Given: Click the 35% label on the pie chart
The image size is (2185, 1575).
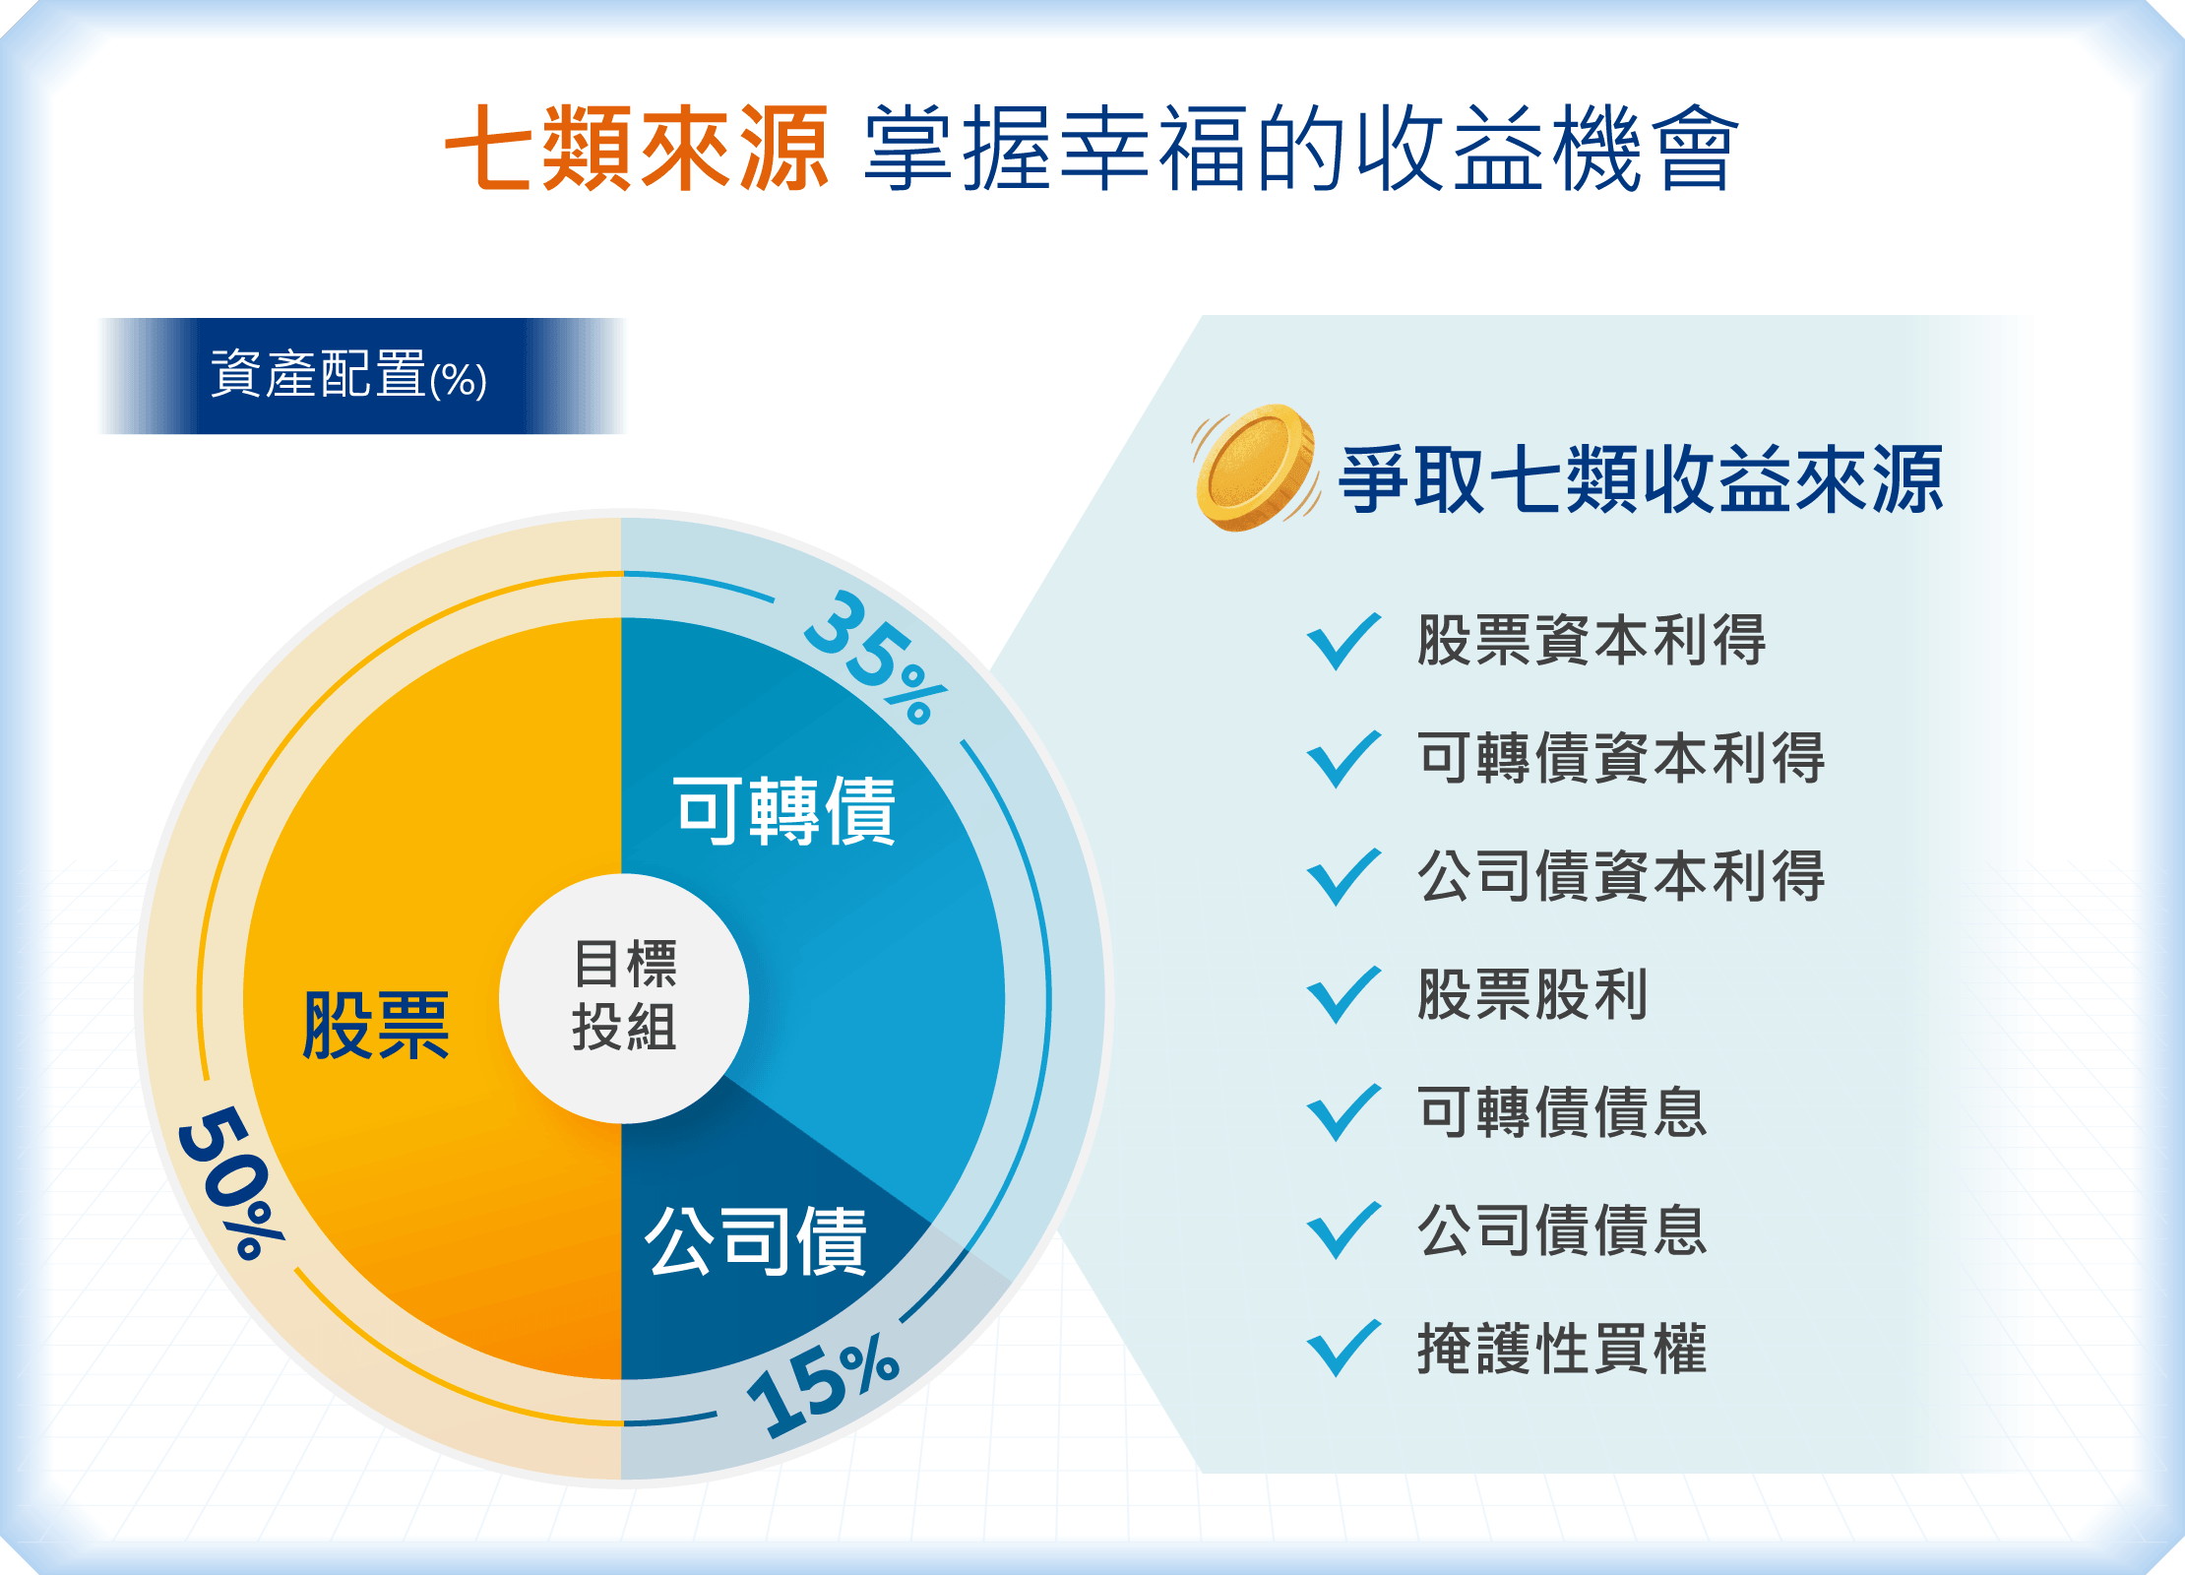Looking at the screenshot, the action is point(874,658).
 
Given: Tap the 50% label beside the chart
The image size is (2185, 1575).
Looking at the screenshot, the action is point(230,1182).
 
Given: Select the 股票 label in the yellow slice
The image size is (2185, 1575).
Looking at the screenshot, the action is point(376,1026).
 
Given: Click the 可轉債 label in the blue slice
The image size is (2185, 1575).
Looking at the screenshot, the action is point(784,810).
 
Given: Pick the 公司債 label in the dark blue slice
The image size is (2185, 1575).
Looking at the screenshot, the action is point(756,1241).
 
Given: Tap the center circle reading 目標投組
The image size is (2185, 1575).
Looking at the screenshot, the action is point(624,998).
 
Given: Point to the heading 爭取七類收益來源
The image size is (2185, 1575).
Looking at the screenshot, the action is point(1642,479).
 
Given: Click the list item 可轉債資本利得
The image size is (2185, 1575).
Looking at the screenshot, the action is point(1621,758).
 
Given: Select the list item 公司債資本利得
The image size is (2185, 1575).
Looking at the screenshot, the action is point(1621,876).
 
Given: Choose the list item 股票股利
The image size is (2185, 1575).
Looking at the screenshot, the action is point(1532,994).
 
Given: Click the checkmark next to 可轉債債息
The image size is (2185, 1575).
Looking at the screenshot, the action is point(1343,1113).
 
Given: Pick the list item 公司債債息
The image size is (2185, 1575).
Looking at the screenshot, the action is point(1562,1230).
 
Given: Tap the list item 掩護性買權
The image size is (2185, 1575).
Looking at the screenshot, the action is point(1562,1349).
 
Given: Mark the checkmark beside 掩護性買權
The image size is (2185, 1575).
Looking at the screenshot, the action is point(1343,1349).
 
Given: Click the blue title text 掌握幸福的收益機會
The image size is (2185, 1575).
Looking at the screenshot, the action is point(1301,149).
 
